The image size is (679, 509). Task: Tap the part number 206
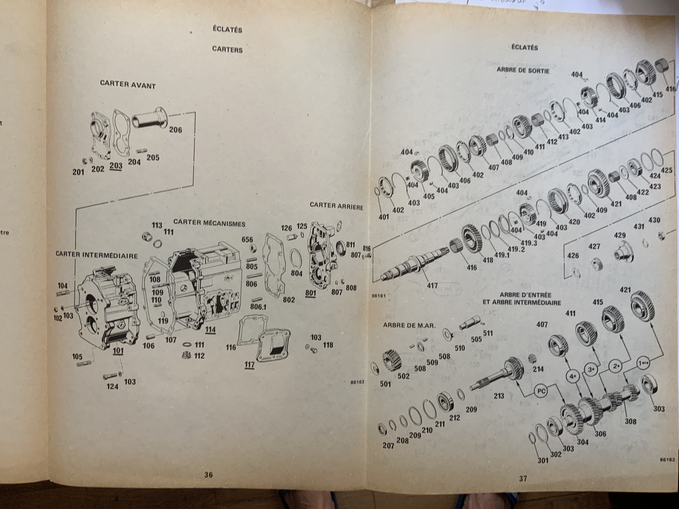pyautogui.click(x=175, y=130)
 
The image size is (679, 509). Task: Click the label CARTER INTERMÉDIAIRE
pyautogui.click(x=97, y=255)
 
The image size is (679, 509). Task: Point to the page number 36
pyautogui.click(x=208, y=475)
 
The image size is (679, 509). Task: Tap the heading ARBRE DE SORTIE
pyautogui.click(x=523, y=70)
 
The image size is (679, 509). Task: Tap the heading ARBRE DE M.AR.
pyautogui.click(x=409, y=326)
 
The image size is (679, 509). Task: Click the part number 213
pyautogui.click(x=499, y=396)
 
